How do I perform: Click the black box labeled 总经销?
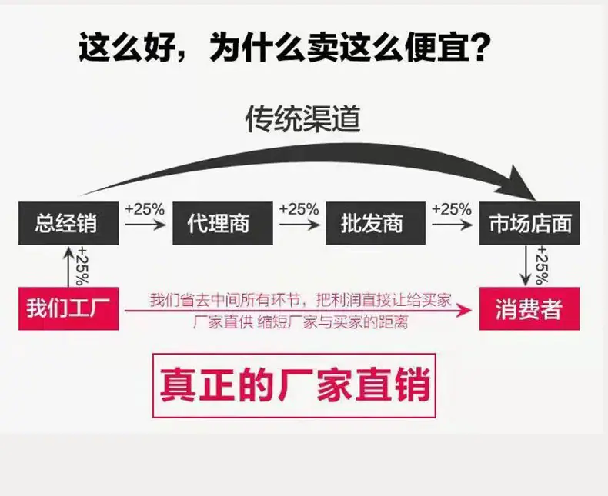coord(68,223)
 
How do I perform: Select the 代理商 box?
coord(222,223)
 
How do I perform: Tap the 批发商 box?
coord(376,223)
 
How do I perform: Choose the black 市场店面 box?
coord(529,223)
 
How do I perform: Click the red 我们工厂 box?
coord(68,308)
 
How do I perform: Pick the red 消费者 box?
coord(529,308)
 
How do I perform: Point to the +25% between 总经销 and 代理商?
coord(145,210)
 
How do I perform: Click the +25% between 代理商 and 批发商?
coord(299,210)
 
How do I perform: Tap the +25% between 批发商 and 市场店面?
coord(452,210)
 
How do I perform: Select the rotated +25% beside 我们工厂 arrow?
coord(83,266)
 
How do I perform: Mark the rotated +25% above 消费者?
coord(542,265)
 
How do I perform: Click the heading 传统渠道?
coord(302,118)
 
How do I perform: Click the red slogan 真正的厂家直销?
coord(295,385)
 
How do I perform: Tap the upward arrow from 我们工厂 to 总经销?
coord(68,267)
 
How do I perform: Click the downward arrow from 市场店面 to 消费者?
coord(526,266)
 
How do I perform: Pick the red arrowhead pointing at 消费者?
coord(464,311)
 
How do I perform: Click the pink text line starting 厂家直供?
coord(300,322)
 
